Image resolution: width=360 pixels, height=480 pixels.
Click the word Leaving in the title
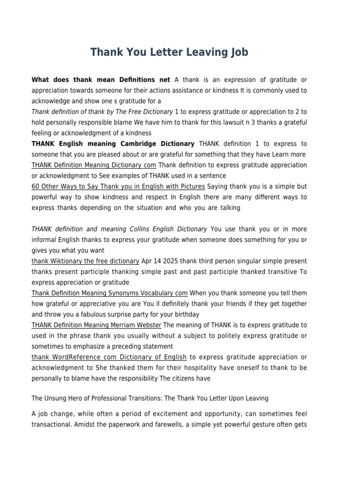pyautogui.click(x=203, y=52)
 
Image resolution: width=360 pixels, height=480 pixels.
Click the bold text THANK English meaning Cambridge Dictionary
pyautogui.click(x=112, y=143)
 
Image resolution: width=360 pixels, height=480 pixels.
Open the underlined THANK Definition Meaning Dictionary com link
pyautogui.click(x=94, y=165)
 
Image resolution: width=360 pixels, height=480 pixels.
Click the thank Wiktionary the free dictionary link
pyautogui.click(x=85, y=261)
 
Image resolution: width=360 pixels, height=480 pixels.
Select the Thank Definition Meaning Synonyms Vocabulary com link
pyautogui.click(x=109, y=293)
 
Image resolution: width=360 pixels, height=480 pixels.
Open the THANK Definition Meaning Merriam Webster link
pyautogui.click(x=96, y=325)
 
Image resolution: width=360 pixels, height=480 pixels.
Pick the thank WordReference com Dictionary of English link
pyautogui.click(x=109, y=357)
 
